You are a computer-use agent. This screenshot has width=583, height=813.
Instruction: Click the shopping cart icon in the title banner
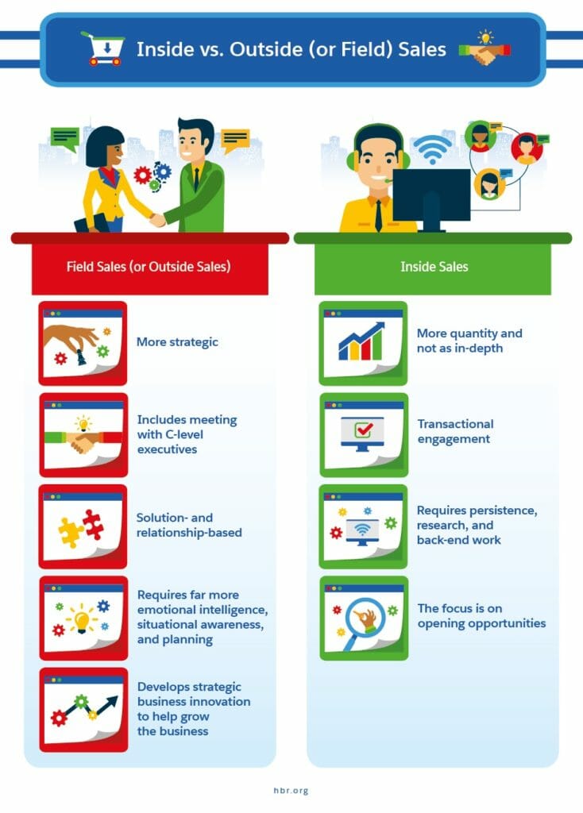(x=102, y=48)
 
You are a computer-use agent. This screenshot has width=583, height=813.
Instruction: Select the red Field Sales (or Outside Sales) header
(x=149, y=267)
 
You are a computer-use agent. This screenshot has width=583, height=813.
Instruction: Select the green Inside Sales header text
(x=434, y=267)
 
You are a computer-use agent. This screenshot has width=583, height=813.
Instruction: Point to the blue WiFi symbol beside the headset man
(x=433, y=148)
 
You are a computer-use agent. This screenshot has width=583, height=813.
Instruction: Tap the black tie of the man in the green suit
(x=196, y=179)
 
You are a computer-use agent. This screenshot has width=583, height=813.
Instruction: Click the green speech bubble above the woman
(x=65, y=139)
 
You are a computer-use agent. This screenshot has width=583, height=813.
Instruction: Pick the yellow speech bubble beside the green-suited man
(x=234, y=141)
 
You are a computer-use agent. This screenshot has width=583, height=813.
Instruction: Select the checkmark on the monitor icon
(x=363, y=430)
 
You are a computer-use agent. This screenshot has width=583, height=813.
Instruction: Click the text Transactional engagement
(x=455, y=431)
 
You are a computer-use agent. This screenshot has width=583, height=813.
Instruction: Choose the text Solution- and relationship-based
(x=189, y=526)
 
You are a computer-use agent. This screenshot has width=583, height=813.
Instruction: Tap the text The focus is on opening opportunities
(x=482, y=616)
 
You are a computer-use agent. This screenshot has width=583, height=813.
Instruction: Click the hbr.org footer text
(x=291, y=790)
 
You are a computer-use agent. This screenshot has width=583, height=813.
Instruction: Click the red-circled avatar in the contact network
(x=527, y=148)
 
